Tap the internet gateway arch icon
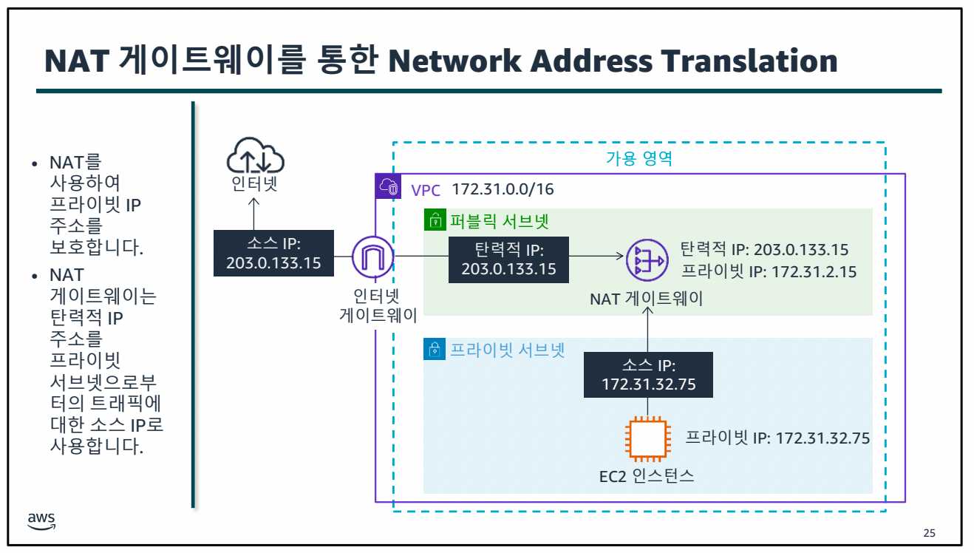click(x=372, y=258)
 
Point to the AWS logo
click(x=41, y=521)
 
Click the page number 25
click(x=930, y=533)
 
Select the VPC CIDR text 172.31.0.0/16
click(x=502, y=189)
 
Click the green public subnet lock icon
click(x=435, y=220)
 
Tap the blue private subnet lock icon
click(x=435, y=349)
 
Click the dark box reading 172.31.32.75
click(x=648, y=375)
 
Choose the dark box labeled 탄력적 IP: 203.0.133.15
click(x=508, y=259)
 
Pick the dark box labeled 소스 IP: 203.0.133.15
click(x=273, y=253)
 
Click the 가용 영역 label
click(x=638, y=158)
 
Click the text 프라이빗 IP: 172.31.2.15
click(x=769, y=271)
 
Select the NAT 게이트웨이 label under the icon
click(x=646, y=299)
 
